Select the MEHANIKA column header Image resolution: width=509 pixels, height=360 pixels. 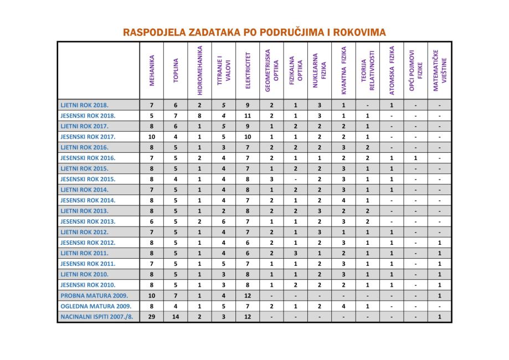tap(152, 70)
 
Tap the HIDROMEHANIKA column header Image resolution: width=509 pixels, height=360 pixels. tap(199, 70)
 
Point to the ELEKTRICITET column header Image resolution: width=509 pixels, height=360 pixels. tap(248, 70)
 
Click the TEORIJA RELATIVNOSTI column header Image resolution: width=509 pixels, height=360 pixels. tap(367, 70)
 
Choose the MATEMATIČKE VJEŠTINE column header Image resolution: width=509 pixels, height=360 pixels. tap(439, 70)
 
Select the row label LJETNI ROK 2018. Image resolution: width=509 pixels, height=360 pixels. tap(84, 105)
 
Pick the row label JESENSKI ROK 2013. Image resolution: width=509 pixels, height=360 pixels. tap(88, 222)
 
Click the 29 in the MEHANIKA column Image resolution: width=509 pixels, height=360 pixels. tap(152, 317)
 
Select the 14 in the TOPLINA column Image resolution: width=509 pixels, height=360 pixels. tap(176, 317)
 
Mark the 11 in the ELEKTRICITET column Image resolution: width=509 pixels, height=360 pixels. tap(248, 116)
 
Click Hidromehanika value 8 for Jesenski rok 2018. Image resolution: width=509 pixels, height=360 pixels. tap(199, 116)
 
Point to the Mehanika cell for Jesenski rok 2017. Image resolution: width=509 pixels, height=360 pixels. tap(152, 137)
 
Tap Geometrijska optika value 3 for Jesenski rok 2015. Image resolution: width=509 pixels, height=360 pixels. tap(271, 179)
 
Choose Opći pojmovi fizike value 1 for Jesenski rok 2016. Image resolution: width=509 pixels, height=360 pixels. tap(415, 158)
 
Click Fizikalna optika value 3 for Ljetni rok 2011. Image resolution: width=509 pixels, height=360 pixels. tap(295, 253)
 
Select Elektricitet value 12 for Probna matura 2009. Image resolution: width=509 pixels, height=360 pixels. tap(248, 296)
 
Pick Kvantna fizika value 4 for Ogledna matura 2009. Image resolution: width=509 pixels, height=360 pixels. tap(343, 306)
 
